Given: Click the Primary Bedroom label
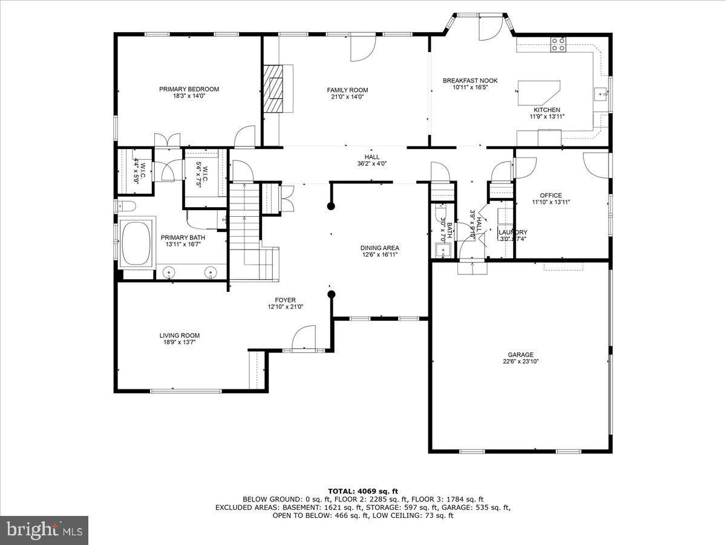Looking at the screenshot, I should click(189, 89).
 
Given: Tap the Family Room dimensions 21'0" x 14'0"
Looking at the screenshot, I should click(347, 97).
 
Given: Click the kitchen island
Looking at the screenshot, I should click(538, 93).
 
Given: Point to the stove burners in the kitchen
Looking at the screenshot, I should click(558, 44).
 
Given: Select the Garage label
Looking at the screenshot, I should click(520, 355).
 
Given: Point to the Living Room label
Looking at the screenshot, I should click(179, 335).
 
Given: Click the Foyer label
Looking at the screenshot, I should click(286, 300).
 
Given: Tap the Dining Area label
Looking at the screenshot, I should click(379, 248).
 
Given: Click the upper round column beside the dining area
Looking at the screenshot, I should click(331, 206).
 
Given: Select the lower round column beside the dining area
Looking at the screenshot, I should click(331, 295).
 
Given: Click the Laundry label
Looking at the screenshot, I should click(512, 233).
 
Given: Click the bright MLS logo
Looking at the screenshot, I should click(44, 530).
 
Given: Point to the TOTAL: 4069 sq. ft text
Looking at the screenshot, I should click(362, 491).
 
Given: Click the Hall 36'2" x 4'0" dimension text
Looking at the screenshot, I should click(371, 163).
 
